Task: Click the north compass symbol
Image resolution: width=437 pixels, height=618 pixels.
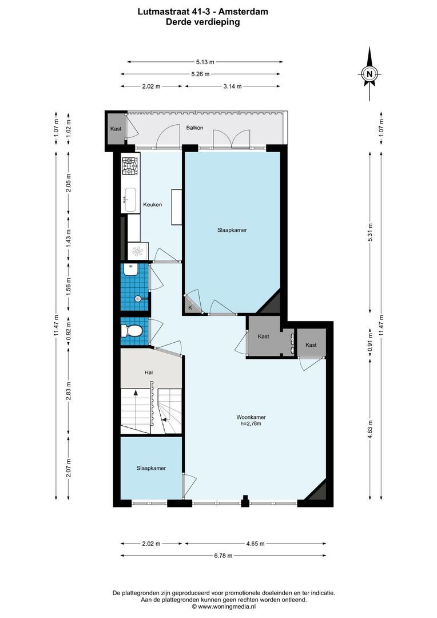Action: point(370,73)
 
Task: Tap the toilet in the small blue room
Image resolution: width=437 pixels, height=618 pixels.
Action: point(133,331)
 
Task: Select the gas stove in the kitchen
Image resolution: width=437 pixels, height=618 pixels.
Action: point(129,167)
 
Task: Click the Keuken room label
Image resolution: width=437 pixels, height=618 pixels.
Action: point(152,204)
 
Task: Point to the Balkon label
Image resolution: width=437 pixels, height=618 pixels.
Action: point(194,128)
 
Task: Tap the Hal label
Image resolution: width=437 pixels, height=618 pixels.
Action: point(149,373)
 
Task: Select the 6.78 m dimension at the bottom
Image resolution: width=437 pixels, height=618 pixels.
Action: point(223,555)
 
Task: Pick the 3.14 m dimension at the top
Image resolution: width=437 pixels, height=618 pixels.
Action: point(232,86)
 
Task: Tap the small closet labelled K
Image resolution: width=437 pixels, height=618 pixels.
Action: point(190,308)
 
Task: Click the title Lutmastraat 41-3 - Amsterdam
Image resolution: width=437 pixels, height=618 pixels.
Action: point(202,11)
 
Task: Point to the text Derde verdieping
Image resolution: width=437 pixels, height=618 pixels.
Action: point(202,22)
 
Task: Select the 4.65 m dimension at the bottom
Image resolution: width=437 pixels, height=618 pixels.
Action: point(254,544)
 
